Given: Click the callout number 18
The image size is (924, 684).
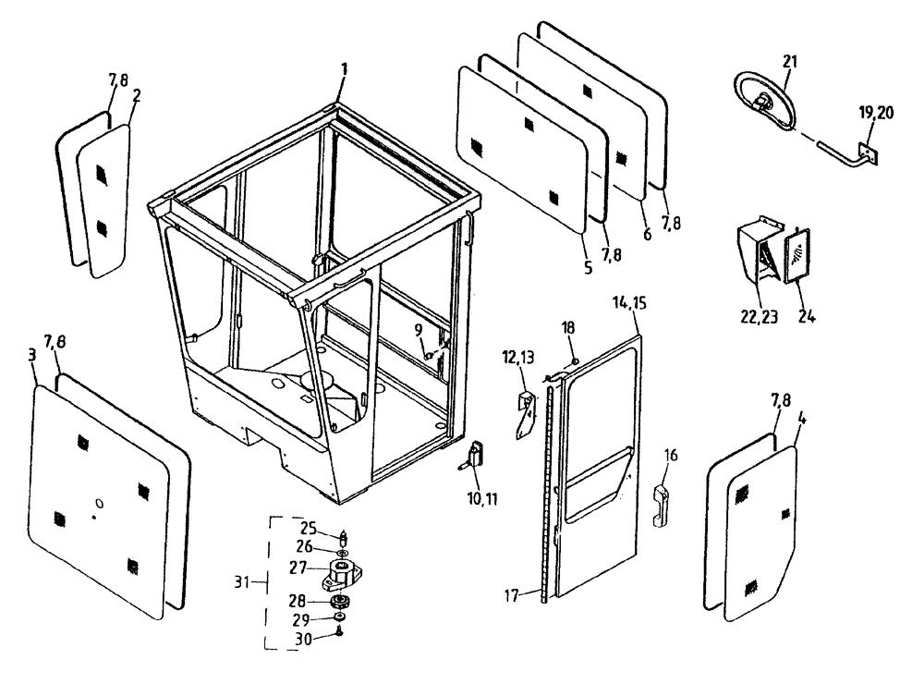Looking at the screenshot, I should (569, 326).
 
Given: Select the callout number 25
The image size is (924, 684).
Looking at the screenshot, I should (310, 529).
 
